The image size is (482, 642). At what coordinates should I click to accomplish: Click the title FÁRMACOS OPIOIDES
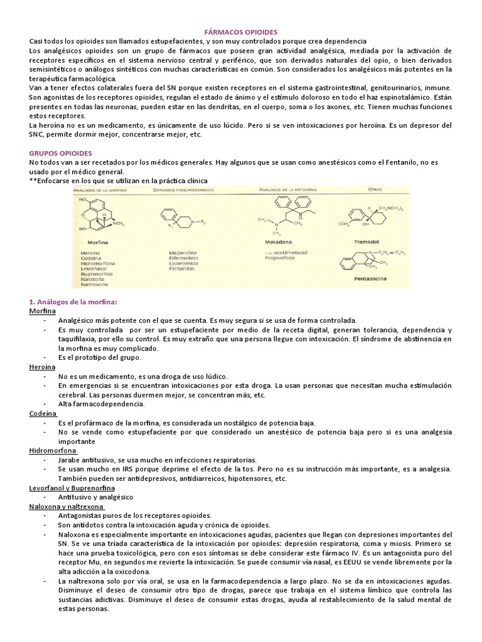[241, 31]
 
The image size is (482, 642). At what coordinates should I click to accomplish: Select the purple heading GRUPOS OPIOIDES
[61, 153]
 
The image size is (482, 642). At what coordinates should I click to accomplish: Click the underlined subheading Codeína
[43, 414]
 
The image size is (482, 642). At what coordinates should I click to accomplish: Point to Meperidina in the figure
[185, 252]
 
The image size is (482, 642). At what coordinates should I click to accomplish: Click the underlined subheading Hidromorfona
[53, 450]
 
